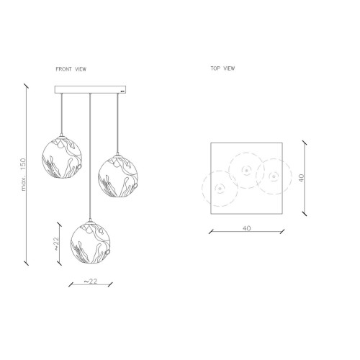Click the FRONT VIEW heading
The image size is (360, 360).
pyautogui.click(x=71, y=69)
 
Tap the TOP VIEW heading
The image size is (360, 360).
pyautogui.click(x=222, y=68)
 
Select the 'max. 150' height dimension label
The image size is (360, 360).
pyautogui.click(x=23, y=174)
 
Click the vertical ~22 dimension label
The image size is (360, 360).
pyautogui.click(x=56, y=243)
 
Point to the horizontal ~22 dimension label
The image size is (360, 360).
pyautogui.click(x=91, y=281)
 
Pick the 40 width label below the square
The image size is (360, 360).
pyautogui.click(x=246, y=228)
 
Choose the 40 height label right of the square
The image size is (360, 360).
pyautogui.click(x=302, y=178)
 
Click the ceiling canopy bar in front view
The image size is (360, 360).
pyautogui.click(x=90, y=89)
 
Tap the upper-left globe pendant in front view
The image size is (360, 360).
pyautogui.click(x=62, y=157)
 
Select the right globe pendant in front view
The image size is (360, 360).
pyautogui.click(x=118, y=176)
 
